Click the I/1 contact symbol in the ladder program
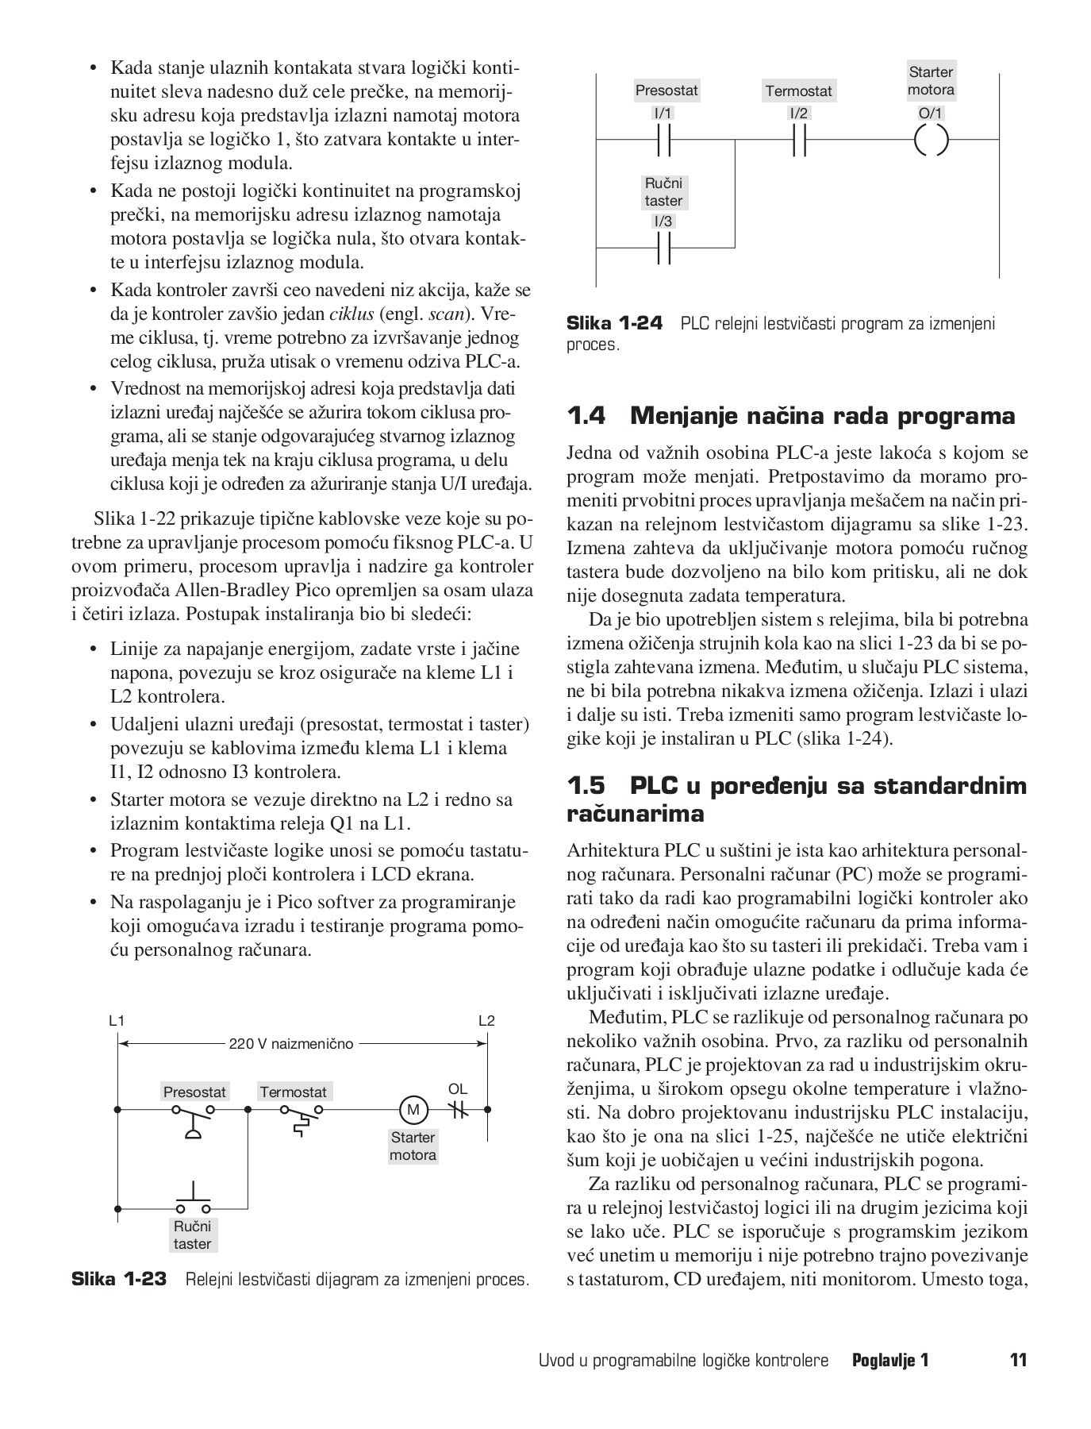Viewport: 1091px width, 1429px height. click(x=664, y=141)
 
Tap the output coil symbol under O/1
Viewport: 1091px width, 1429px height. click(x=931, y=141)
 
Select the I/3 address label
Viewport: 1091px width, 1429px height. click(x=663, y=221)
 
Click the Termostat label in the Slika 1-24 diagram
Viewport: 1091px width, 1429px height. click(x=798, y=91)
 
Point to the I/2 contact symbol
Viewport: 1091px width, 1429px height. click(x=799, y=141)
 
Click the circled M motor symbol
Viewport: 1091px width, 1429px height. click(x=413, y=1109)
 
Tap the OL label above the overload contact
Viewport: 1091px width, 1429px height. click(x=458, y=1088)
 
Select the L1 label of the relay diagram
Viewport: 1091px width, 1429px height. click(x=117, y=1020)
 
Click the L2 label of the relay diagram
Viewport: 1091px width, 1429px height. click(x=486, y=1020)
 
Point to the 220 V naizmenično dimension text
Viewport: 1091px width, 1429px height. click(x=291, y=1043)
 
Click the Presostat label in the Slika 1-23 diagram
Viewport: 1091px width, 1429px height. click(x=194, y=1092)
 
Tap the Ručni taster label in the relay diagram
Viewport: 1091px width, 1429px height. click(x=193, y=1235)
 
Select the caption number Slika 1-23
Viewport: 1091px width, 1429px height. click(x=120, y=1279)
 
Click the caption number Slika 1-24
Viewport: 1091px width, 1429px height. click(x=614, y=323)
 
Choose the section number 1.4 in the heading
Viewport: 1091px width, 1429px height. click(x=586, y=416)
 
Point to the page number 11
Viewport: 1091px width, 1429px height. click(x=1018, y=1360)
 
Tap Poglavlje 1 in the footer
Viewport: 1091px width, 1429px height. click(x=889, y=1360)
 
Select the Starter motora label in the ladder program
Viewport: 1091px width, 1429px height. click(x=931, y=81)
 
